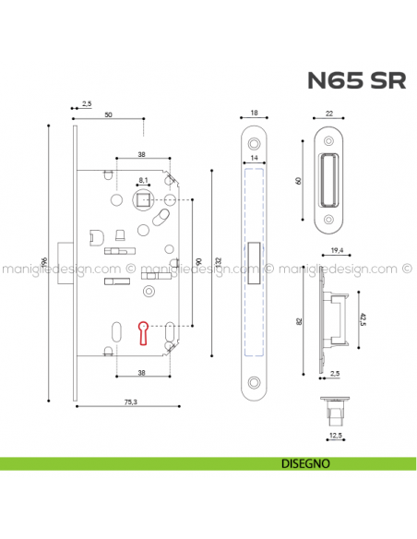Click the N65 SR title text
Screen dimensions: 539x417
(355, 80)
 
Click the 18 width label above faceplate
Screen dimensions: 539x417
(254, 114)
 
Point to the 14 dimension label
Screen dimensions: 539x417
(254, 159)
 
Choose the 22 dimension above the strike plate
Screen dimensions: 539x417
(330, 114)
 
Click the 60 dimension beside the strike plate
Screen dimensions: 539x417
(300, 181)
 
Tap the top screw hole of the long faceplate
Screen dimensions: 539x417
(254, 145)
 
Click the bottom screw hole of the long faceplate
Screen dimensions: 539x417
(254, 380)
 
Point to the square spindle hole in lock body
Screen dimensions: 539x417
(143, 199)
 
